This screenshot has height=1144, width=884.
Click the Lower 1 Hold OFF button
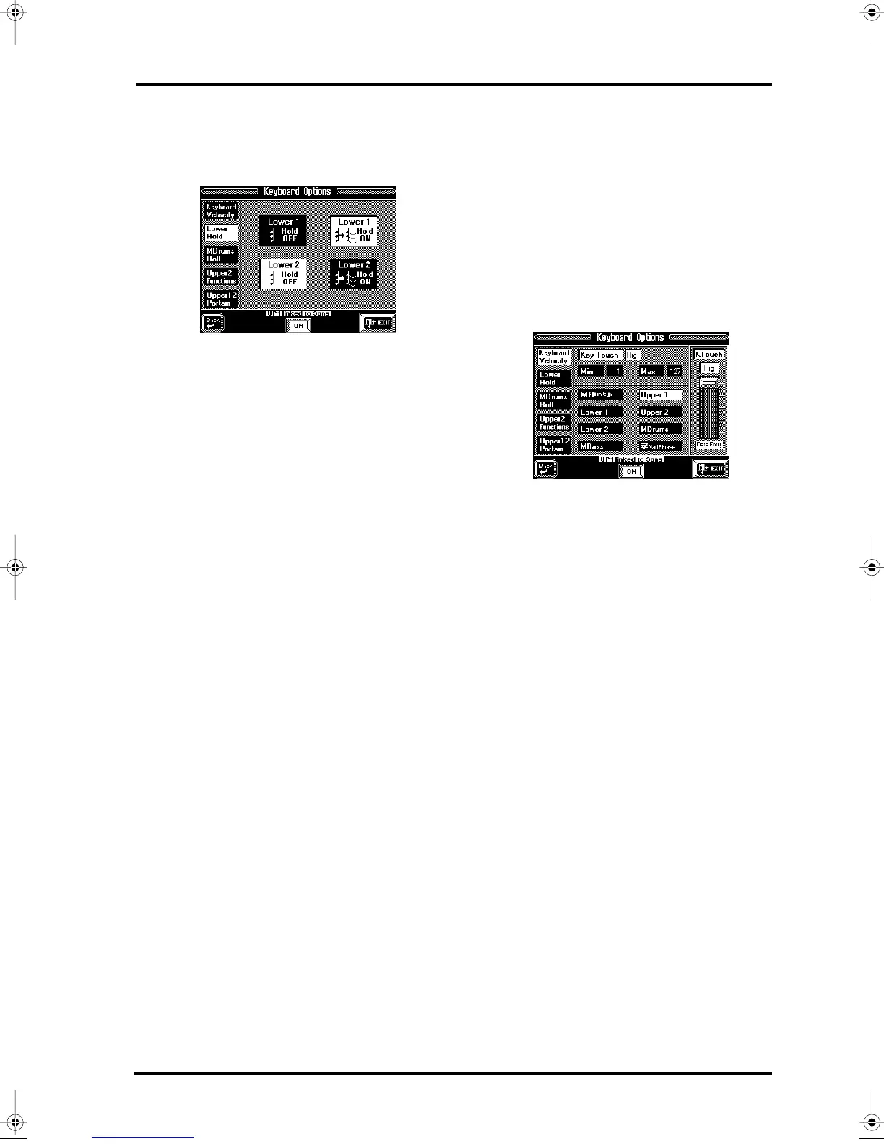click(x=283, y=230)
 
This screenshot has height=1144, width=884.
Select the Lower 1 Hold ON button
click(x=354, y=230)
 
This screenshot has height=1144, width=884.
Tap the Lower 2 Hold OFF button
click(x=283, y=274)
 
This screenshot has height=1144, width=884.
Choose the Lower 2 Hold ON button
click(x=354, y=274)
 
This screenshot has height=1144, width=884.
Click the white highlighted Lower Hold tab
click(x=220, y=233)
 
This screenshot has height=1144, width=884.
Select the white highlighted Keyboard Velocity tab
click(x=554, y=357)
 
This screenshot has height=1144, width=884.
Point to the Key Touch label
click(x=599, y=355)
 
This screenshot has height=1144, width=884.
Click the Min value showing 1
click(x=615, y=371)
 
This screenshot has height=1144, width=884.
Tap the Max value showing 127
click(x=675, y=371)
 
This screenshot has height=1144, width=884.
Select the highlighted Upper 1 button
click(x=660, y=395)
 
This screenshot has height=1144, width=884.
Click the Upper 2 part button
click(x=660, y=412)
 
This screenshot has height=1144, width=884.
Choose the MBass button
click(x=600, y=446)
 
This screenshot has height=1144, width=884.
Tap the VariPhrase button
click(x=660, y=446)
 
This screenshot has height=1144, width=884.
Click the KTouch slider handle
click(x=708, y=381)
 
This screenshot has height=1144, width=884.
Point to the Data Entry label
click(x=708, y=445)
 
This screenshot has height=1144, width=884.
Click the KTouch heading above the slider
click(x=708, y=355)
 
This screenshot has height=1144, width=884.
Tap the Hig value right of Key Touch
click(x=633, y=355)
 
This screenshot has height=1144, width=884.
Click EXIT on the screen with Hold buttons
click(x=378, y=322)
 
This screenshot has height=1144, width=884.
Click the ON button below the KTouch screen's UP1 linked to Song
click(x=631, y=471)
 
